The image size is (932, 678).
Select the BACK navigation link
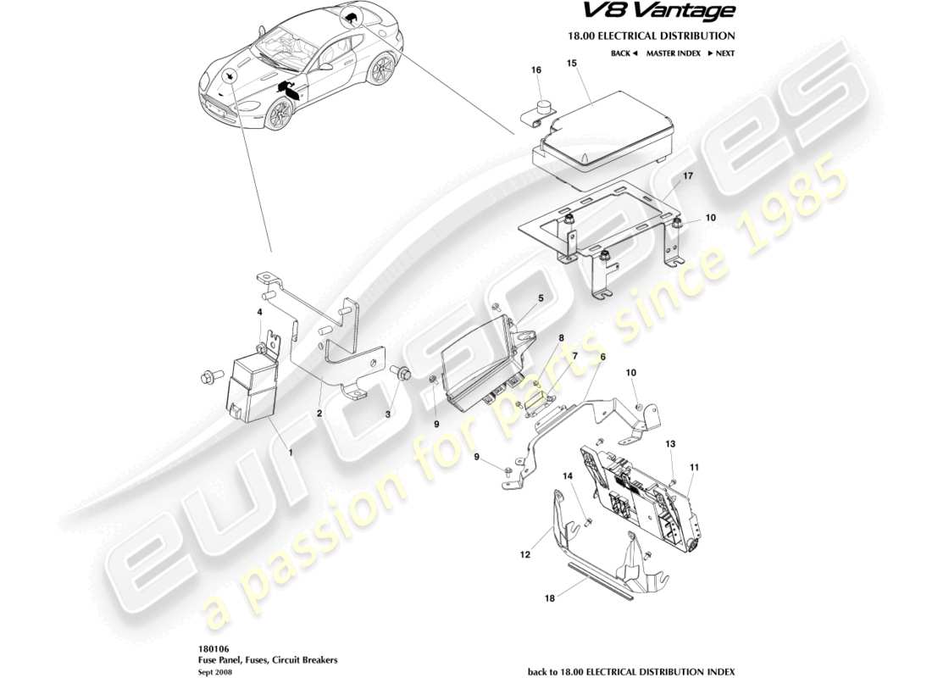[x=623, y=53]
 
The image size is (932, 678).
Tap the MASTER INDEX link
[x=673, y=53]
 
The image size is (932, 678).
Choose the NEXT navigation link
[x=719, y=53]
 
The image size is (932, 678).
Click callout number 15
[x=572, y=64]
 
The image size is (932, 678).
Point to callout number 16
[x=535, y=70]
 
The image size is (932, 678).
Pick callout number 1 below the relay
[x=291, y=453]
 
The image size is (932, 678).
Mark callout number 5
[x=540, y=298]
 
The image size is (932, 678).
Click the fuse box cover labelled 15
[x=602, y=131]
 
